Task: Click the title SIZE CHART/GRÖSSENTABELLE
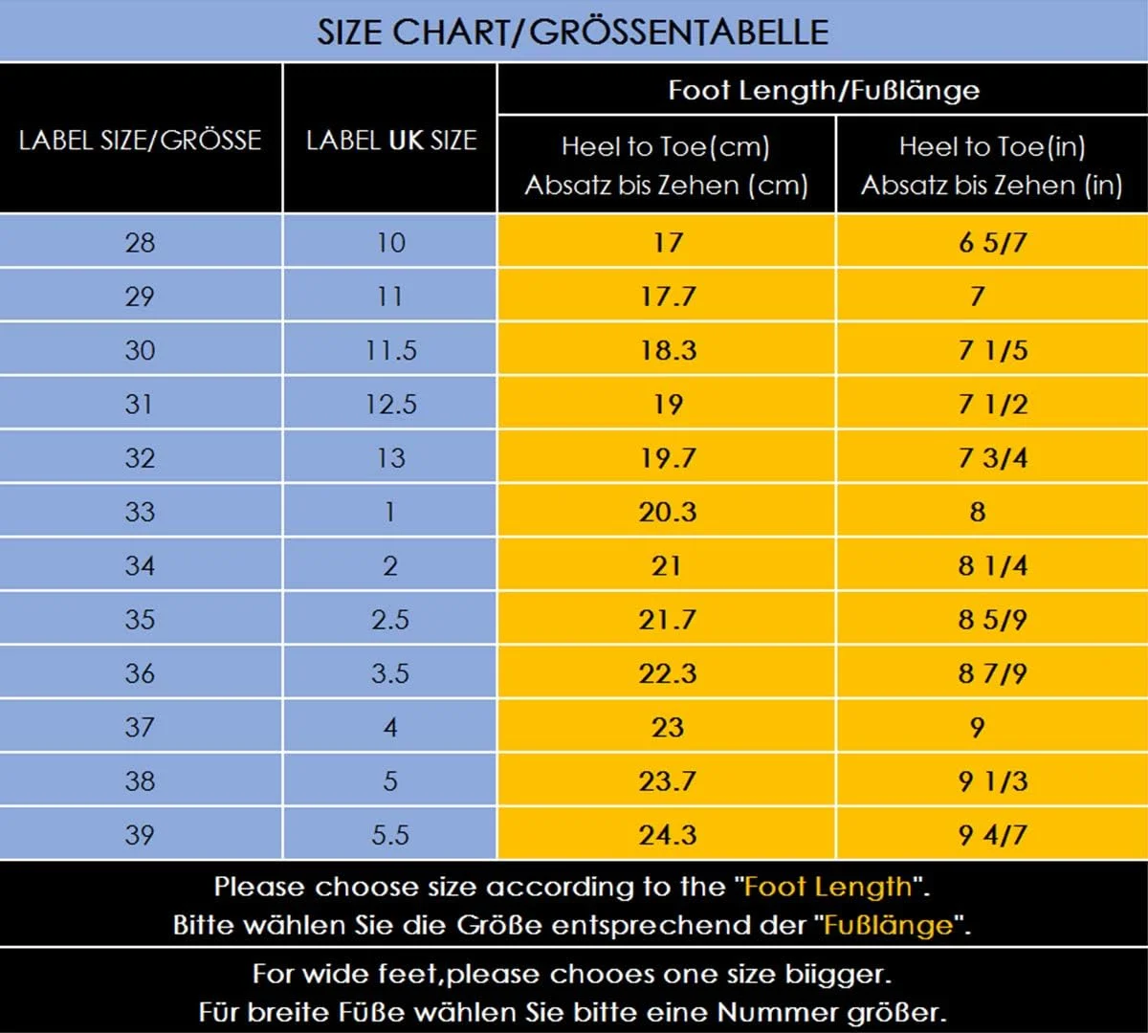coord(573,32)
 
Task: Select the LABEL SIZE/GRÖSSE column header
coord(140,140)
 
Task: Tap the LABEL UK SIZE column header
coord(390,140)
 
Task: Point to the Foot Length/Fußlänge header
coord(823,90)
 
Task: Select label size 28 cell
coord(140,242)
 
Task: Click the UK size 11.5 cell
coord(390,350)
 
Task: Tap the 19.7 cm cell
coord(667,458)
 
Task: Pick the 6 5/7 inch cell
coord(992,242)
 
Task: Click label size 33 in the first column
coord(140,512)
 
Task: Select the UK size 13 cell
coord(390,458)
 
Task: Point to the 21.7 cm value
coord(667,620)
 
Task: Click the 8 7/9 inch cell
coord(992,673)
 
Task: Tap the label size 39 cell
coord(140,835)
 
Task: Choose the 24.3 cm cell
coord(667,835)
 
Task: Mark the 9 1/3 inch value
coord(992,781)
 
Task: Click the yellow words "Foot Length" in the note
coord(828,887)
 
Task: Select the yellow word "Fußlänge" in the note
coord(889,925)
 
